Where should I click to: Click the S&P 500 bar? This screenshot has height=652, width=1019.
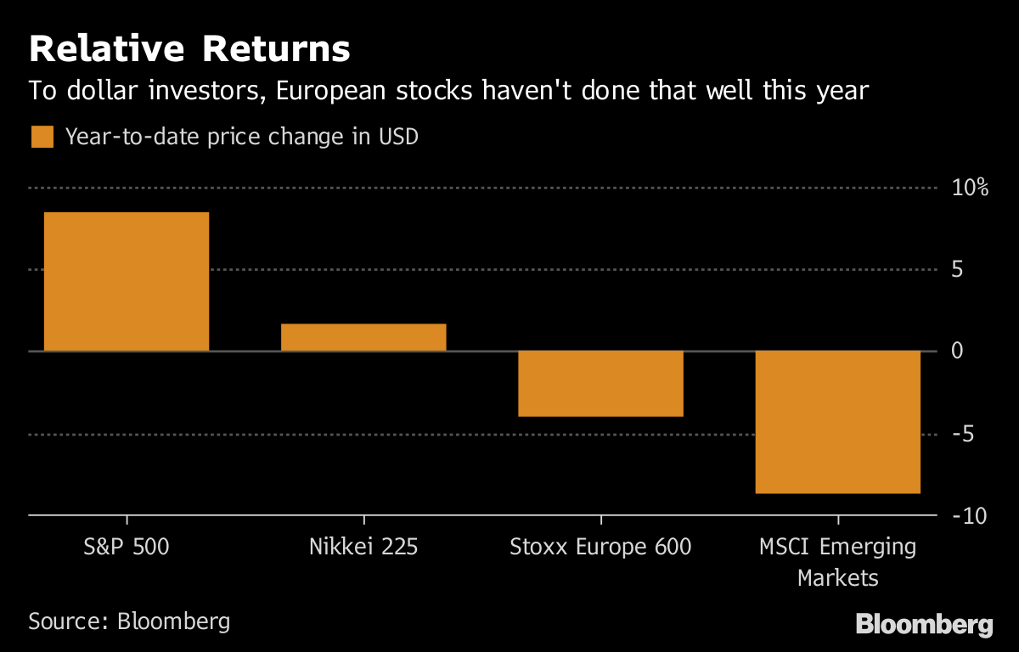point(126,282)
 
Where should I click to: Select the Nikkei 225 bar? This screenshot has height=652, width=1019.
point(363,337)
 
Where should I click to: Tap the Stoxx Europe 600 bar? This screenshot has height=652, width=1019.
point(600,384)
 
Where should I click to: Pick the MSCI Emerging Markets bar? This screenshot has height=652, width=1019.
point(837,422)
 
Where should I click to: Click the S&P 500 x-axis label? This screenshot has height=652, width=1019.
point(127,547)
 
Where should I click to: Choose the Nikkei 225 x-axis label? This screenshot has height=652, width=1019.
point(363,547)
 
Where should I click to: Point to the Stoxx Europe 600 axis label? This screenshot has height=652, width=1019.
point(600,547)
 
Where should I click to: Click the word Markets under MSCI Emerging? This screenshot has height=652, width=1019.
point(837,579)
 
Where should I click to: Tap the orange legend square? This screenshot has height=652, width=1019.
point(42,137)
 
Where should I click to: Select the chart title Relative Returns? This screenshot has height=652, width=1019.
point(189,50)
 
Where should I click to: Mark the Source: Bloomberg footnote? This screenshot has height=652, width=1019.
point(129,621)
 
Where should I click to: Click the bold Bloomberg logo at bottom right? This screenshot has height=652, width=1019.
point(924,625)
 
